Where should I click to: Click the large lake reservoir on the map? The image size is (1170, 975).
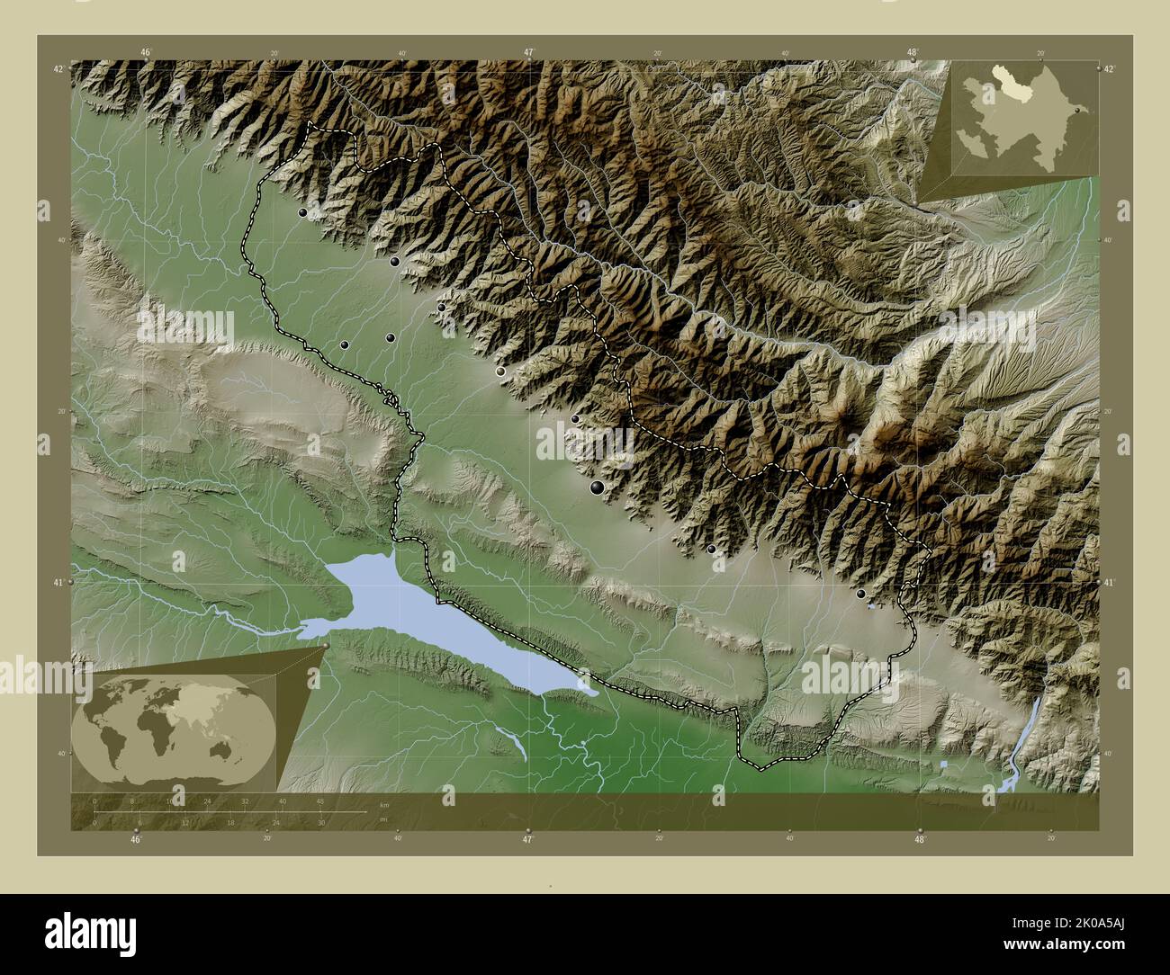point(432,621)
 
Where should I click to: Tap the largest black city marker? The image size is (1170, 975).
point(597,487)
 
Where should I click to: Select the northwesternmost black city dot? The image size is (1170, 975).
point(302,213)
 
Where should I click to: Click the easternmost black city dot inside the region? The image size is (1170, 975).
point(861,595)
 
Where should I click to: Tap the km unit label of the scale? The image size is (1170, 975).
point(384,803)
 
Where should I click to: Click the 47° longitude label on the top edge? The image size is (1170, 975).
point(528,53)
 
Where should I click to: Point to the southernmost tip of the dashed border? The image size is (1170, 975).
point(760,770)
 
